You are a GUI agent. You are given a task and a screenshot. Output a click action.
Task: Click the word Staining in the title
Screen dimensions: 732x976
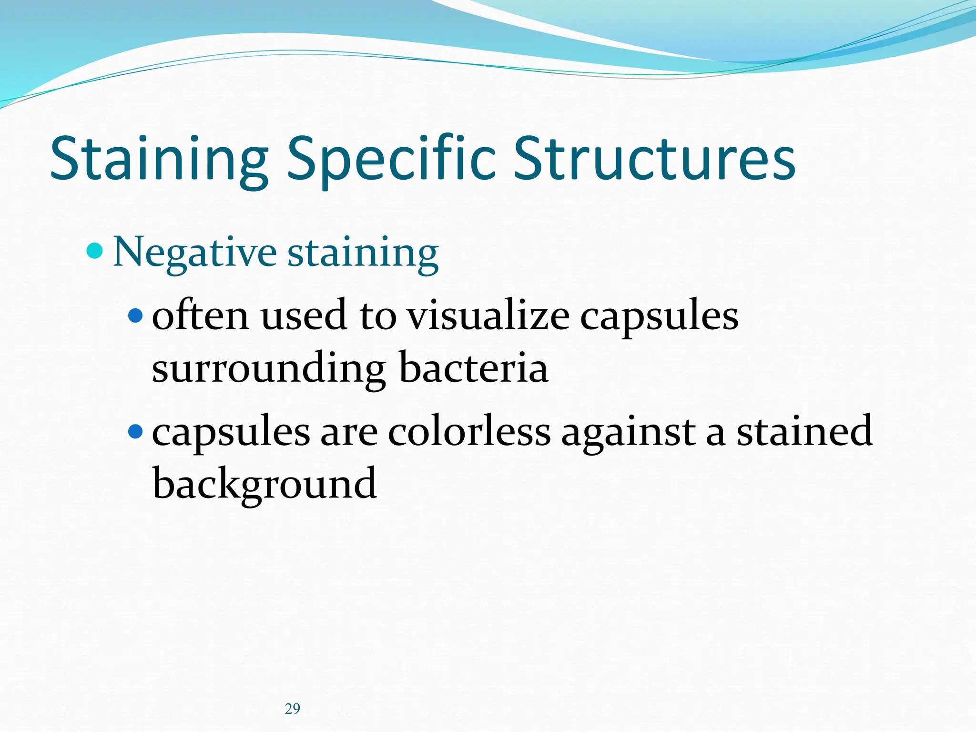[x=159, y=159]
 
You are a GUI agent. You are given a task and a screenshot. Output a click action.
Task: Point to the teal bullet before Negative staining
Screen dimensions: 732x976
[x=95, y=250]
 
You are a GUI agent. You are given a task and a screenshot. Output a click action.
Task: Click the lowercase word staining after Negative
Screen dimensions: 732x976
[x=363, y=253]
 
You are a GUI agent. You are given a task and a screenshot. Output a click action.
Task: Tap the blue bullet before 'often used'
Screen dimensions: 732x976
[x=136, y=315]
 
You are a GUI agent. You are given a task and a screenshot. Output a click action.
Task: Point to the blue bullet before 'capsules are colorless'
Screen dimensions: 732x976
[x=136, y=431]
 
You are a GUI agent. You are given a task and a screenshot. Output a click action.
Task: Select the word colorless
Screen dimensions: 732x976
[x=469, y=432]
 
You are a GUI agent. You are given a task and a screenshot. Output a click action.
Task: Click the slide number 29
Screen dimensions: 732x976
[x=293, y=709]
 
